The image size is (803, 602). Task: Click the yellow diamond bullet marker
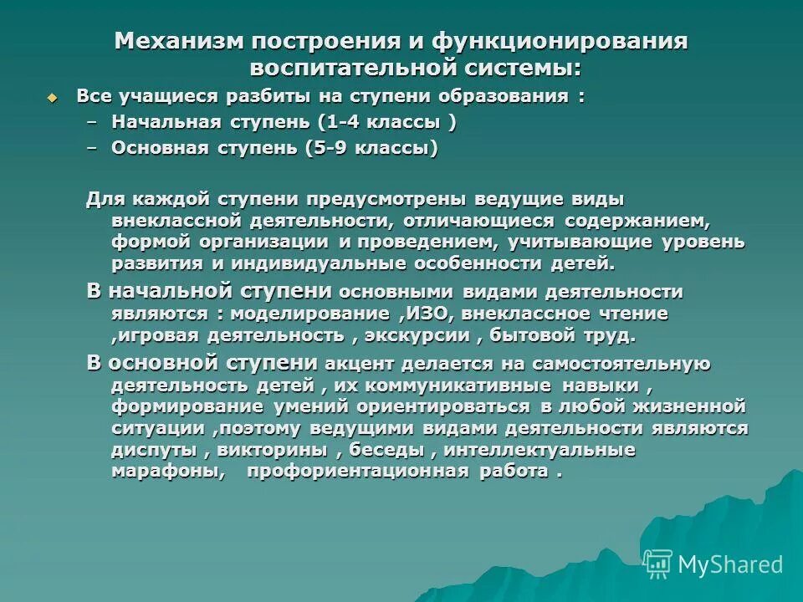(53, 97)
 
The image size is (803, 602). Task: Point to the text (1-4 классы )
(386, 122)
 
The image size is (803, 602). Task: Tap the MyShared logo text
(730, 564)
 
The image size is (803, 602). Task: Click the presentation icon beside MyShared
(658, 564)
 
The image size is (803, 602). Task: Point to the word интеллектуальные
(540, 450)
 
